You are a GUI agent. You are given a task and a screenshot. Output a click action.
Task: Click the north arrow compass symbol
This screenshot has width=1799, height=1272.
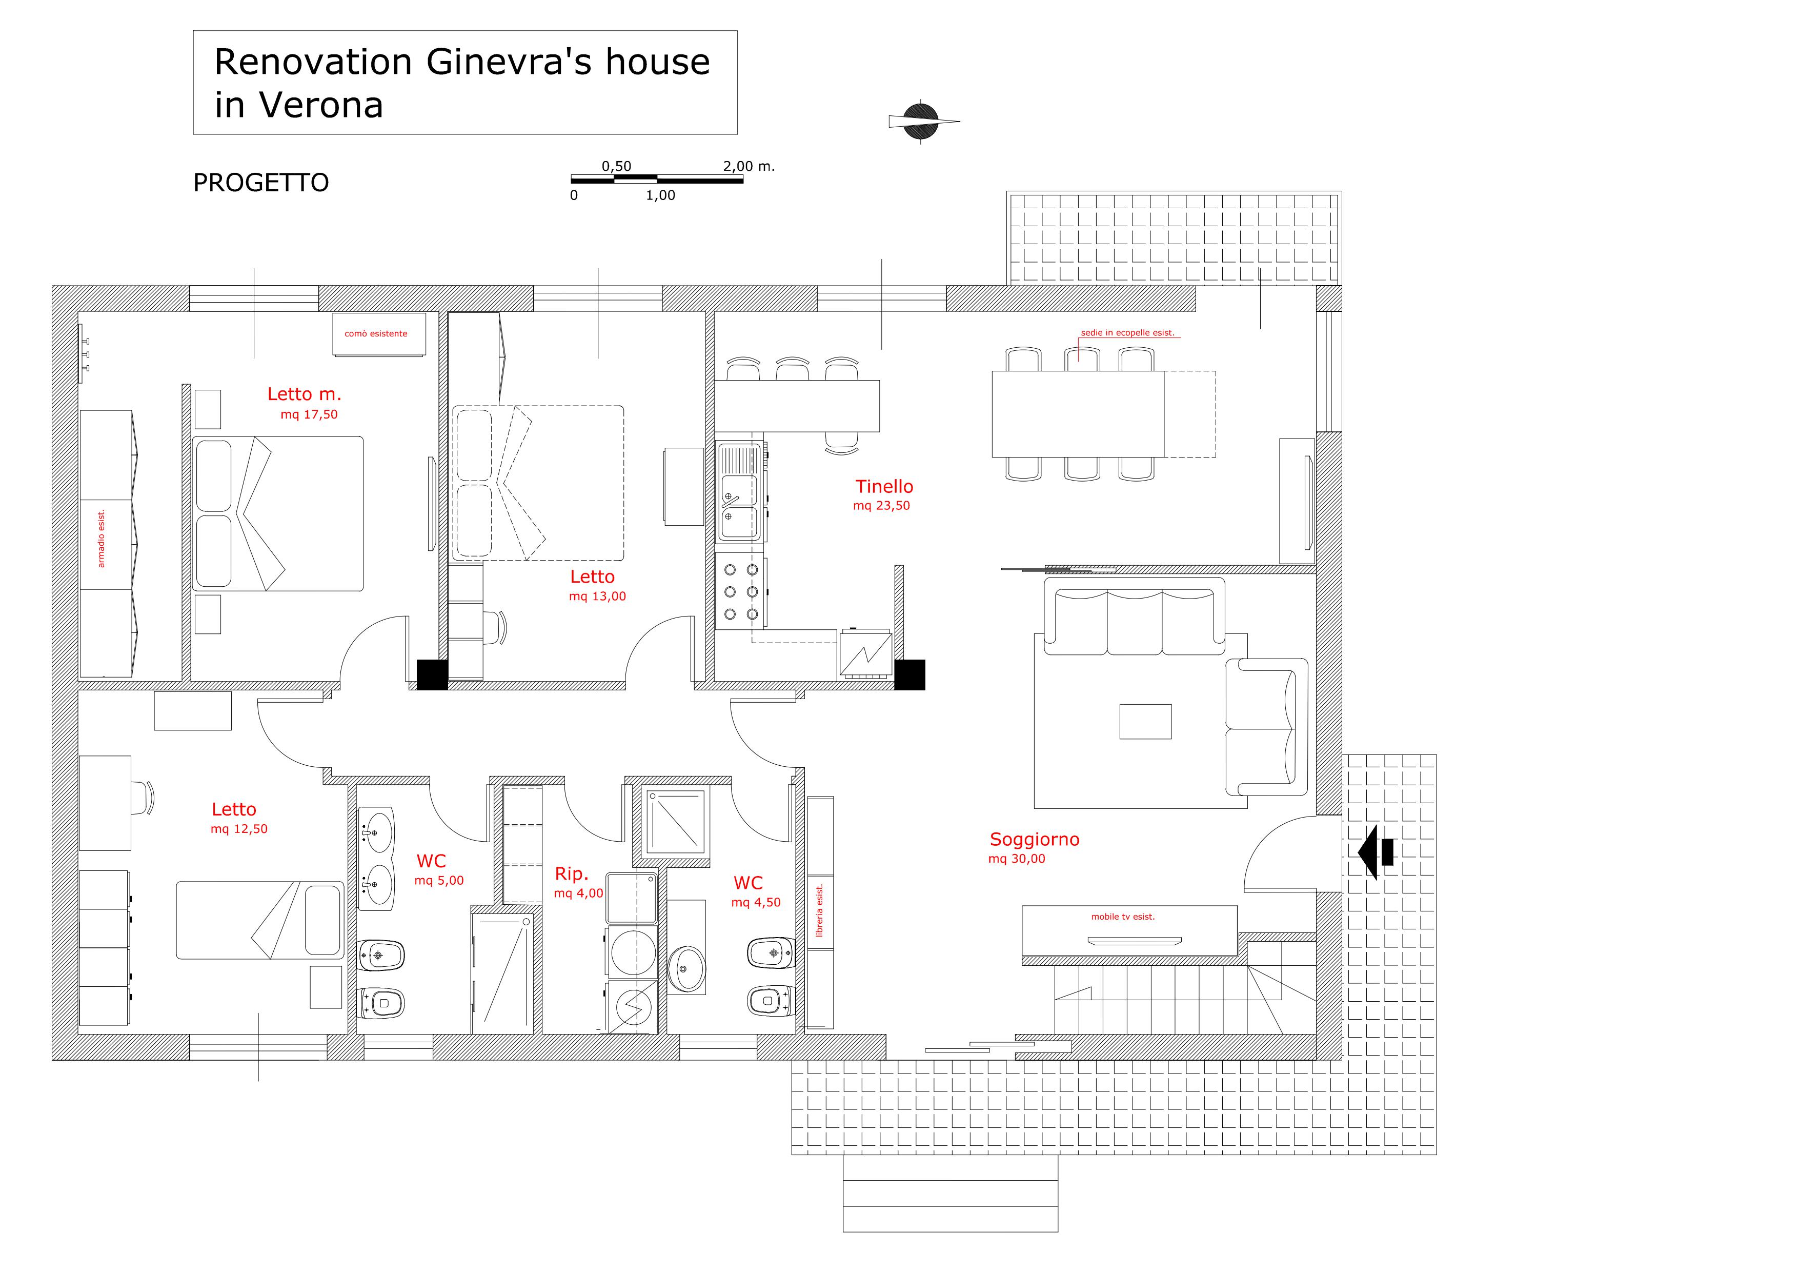point(921,122)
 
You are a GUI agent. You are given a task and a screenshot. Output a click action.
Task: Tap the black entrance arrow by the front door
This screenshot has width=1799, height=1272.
point(1376,851)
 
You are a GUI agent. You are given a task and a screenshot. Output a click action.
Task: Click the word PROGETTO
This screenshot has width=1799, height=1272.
point(261,183)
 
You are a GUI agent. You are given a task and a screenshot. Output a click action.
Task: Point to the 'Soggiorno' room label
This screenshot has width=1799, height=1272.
point(1034,840)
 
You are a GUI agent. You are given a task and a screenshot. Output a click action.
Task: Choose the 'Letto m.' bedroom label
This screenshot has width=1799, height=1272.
point(304,394)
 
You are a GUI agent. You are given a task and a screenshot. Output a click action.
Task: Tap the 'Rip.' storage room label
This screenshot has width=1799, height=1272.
point(571,874)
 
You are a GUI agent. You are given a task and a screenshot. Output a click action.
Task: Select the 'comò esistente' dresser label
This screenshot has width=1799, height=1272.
point(376,334)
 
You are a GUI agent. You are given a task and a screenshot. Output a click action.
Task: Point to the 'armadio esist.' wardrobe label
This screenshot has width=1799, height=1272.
point(101,539)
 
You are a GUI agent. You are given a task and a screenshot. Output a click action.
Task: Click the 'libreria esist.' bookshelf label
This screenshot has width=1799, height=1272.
point(820,911)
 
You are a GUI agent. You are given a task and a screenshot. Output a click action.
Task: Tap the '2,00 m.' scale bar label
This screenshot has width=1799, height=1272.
point(749,166)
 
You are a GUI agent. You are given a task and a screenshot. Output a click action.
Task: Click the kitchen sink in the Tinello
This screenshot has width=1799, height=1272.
point(740,493)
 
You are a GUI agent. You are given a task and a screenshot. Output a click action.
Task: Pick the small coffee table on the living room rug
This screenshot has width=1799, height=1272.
point(1145,721)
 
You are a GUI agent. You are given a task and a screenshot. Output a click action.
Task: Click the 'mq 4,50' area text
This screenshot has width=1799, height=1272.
point(756,903)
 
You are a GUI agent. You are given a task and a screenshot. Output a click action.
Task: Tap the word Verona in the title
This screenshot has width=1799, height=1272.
point(320,105)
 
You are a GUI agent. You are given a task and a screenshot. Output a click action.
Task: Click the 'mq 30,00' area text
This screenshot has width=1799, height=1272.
point(1017,859)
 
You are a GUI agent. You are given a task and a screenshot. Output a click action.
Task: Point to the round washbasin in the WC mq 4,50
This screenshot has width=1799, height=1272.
point(687,969)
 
